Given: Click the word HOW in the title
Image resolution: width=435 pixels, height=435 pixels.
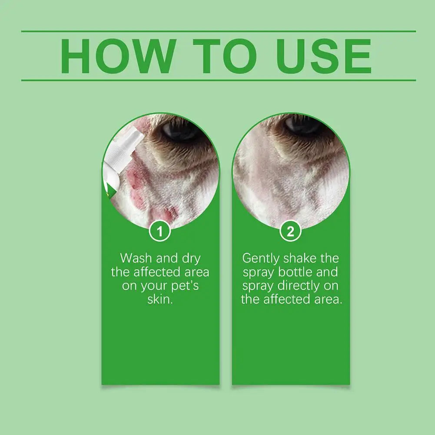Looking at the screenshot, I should [x=117, y=56].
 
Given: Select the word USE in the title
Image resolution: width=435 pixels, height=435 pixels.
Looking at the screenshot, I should [x=324, y=56].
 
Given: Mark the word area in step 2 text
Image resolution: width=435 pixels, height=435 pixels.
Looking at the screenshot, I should [x=324, y=300].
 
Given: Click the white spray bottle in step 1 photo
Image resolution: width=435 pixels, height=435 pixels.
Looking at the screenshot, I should [x=117, y=156].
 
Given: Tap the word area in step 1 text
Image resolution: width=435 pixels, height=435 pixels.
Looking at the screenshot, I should [x=194, y=272].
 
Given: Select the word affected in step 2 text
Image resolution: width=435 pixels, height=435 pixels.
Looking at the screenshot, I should [x=283, y=300].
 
